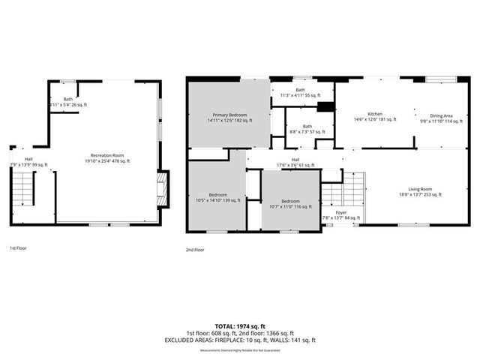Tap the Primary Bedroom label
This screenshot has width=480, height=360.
pyautogui.click(x=229, y=117)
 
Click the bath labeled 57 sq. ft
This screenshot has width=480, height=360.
pyautogui.click(x=307, y=129)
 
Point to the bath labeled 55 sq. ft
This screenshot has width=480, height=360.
pyautogui.click(x=300, y=92)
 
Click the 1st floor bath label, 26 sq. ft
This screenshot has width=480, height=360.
pyautogui.click(x=68, y=102)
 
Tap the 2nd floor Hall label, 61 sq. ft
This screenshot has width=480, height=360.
pyautogui.click(x=295, y=162)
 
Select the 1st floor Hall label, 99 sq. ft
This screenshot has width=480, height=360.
pyautogui.click(x=28, y=162)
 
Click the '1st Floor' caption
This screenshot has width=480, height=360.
pyautogui.click(x=19, y=248)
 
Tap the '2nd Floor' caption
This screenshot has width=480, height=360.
pyautogui.click(x=195, y=250)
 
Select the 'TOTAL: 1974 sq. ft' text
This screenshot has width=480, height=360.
pyautogui.click(x=240, y=325)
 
